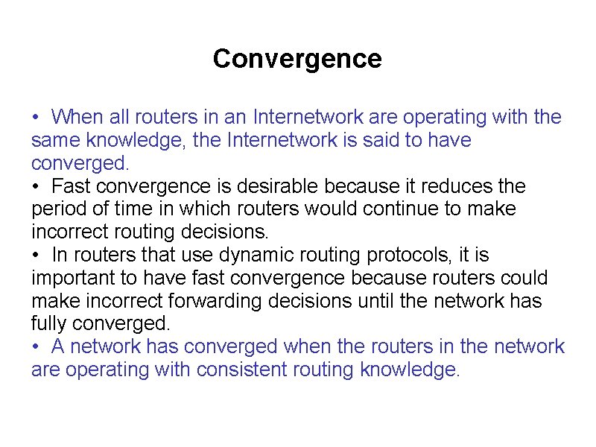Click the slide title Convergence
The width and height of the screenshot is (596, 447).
pyautogui.click(x=297, y=59)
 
